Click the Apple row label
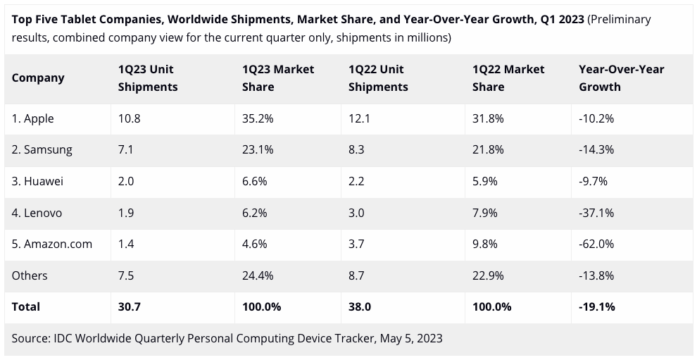coord(32,118)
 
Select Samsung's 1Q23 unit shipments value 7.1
coord(126,149)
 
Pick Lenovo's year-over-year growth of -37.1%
coord(596,213)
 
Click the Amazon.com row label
coord(51,244)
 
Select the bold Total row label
coord(26,306)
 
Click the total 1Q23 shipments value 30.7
coord(130,306)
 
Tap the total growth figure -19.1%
coord(597,306)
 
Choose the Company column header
coord(38,77)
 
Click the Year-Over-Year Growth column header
coord(621,77)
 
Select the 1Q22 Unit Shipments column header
coord(378,77)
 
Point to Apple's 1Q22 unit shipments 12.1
coord(359,118)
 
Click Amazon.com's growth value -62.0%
coord(596,244)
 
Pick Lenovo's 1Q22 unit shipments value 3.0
coord(356,213)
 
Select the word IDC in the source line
coord(65,338)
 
